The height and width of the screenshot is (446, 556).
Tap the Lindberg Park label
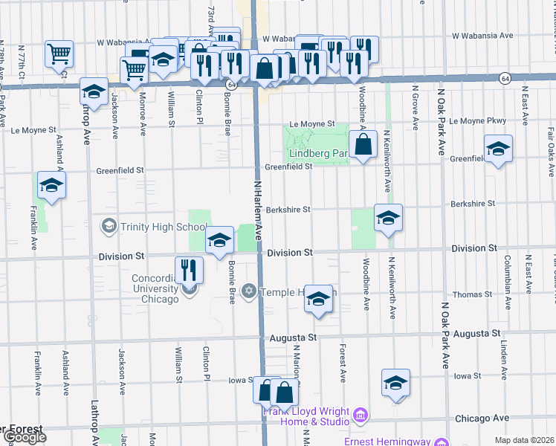tap(318, 154)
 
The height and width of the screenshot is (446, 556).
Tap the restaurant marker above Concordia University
tap(189, 269)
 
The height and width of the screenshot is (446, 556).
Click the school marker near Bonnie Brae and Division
tap(219, 240)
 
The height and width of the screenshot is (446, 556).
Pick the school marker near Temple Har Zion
tap(318, 299)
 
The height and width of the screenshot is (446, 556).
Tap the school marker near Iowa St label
tap(395, 383)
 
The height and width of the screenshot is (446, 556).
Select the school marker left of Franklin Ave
tap(51, 184)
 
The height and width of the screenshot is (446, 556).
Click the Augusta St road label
tap(293, 337)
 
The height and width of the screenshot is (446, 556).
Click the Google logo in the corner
tap(24, 437)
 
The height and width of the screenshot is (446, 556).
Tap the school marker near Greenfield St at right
tap(498, 149)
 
